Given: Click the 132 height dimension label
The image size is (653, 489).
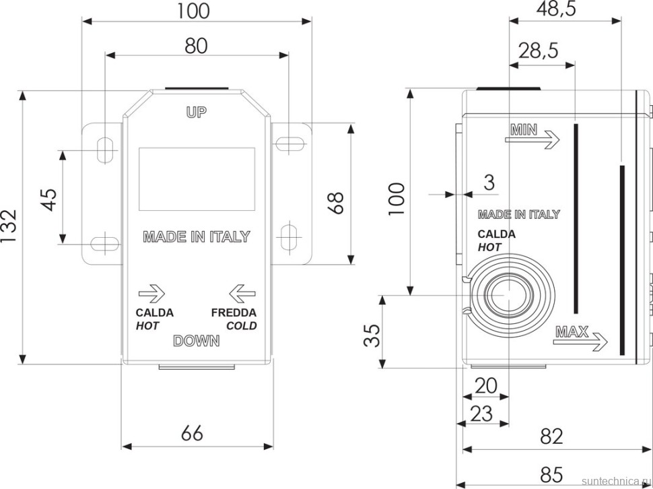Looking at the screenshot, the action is pos(9,227).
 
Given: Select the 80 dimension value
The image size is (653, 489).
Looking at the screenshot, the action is pos(196,46).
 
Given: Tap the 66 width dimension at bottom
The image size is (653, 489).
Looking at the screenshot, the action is pos(193,433).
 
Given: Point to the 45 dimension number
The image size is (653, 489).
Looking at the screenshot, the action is pos(50,200).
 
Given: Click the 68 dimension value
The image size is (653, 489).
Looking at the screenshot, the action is pos(336,203).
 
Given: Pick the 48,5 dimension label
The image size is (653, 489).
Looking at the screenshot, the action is pos(556,9).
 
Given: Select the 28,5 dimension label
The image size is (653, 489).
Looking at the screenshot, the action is pos(538,51).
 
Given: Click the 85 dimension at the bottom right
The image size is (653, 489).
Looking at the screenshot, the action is pos(551,474).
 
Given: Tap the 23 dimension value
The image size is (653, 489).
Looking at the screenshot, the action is pos(481,414).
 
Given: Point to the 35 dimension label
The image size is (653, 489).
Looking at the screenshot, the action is pos(372,335).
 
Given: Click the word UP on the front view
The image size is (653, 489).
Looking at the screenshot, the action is pos(196,112).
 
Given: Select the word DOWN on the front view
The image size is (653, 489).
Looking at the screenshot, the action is pos(196,341).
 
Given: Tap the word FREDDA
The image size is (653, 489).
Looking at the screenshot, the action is pos(234,313).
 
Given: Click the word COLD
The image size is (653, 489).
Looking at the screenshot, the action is pos(242,326).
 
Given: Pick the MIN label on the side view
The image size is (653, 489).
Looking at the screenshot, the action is pos(524,131).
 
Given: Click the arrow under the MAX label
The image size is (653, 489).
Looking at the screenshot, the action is pos(580,342).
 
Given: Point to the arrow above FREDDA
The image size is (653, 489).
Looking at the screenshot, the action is pos(242,294).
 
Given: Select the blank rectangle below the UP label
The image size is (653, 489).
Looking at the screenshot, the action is pos(197,178).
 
